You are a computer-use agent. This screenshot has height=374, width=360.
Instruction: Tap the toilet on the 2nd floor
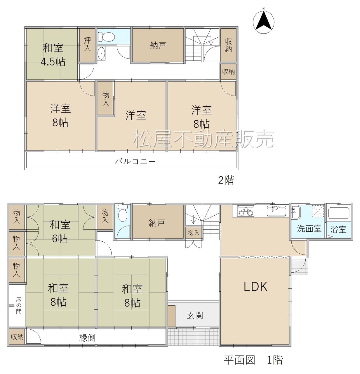pos(106,36)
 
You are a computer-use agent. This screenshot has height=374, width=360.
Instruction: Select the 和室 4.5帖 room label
pos(53,55)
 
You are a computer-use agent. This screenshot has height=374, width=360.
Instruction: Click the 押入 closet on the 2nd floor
pos(87,45)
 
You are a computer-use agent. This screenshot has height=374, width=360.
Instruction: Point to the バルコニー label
pos(135,161)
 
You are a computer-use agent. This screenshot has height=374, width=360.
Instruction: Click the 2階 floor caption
pos(226,180)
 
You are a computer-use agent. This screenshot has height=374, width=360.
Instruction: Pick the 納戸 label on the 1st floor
pos(156,223)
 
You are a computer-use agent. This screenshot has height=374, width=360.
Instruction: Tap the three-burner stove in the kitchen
pos(246,211)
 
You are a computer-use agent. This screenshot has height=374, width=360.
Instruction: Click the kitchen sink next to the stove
pos(276,211)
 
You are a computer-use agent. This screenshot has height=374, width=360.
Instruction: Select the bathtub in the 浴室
pos(339,213)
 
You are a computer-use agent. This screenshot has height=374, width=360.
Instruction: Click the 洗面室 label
pos(309,229)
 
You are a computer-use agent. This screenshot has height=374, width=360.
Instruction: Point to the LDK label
pos(255,287)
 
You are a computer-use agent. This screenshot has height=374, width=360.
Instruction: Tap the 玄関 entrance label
pos(195,315)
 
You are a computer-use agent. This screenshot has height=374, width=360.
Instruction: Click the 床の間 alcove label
pos(19,305)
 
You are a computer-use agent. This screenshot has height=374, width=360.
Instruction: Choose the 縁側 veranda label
pos(87,338)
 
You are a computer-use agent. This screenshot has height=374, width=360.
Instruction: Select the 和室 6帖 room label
pos(60,232)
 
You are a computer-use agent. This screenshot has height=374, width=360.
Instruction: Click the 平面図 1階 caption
pos(253,360)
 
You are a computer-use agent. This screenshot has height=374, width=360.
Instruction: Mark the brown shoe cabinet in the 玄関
pos(172,316)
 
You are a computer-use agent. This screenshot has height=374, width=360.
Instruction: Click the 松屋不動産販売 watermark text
pos(203,139)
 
